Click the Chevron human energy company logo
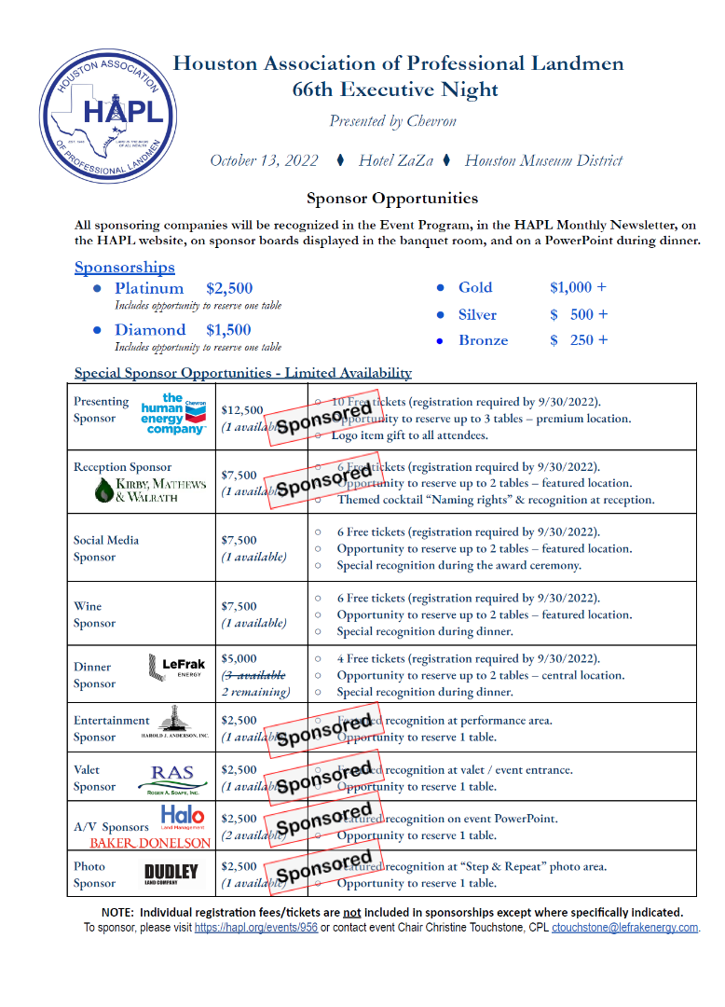coord(174,414)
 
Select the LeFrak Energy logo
coord(177,668)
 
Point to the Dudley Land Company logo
coord(171,874)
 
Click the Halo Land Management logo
coord(183,817)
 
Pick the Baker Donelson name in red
coord(150,843)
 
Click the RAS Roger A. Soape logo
coord(174,778)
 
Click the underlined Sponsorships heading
coord(125,268)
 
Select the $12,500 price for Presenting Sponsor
coord(242,409)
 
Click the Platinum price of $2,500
coord(229,288)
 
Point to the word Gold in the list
coord(475,287)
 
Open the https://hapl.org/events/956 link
coord(255,928)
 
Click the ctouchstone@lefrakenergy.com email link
coord(624,928)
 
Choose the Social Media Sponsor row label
coord(106,548)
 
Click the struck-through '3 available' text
coord(253,675)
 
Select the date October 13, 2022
coord(265,160)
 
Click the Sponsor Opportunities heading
coord(392,199)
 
